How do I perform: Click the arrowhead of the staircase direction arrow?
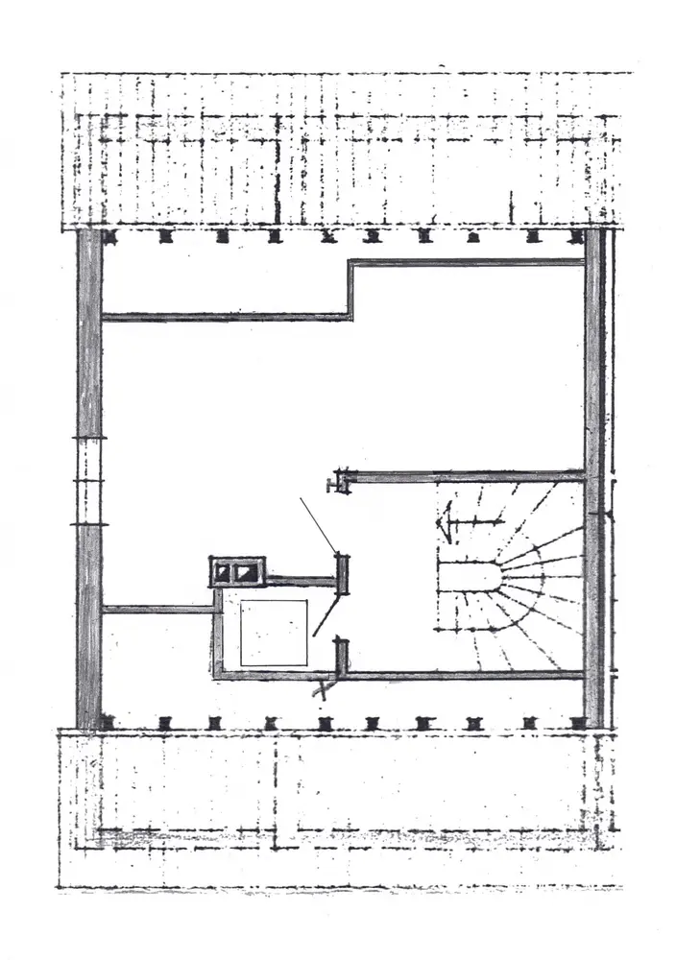tap(444, 524)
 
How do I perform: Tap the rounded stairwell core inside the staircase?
tap(468, 580)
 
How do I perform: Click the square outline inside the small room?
tap(274, 633)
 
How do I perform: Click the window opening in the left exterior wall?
tap(89, 482)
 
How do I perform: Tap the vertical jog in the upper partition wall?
tap(350, 289)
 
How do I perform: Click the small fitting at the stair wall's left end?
tap(336, 480)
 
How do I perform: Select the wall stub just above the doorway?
tap(340, 573)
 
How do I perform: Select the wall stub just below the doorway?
tap(340, 658)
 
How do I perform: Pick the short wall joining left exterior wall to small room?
tap(157, 609)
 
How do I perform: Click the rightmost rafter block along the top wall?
tap(576, 234)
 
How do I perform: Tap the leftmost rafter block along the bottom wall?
tap(108, 722)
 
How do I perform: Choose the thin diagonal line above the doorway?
tap(317, 524)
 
